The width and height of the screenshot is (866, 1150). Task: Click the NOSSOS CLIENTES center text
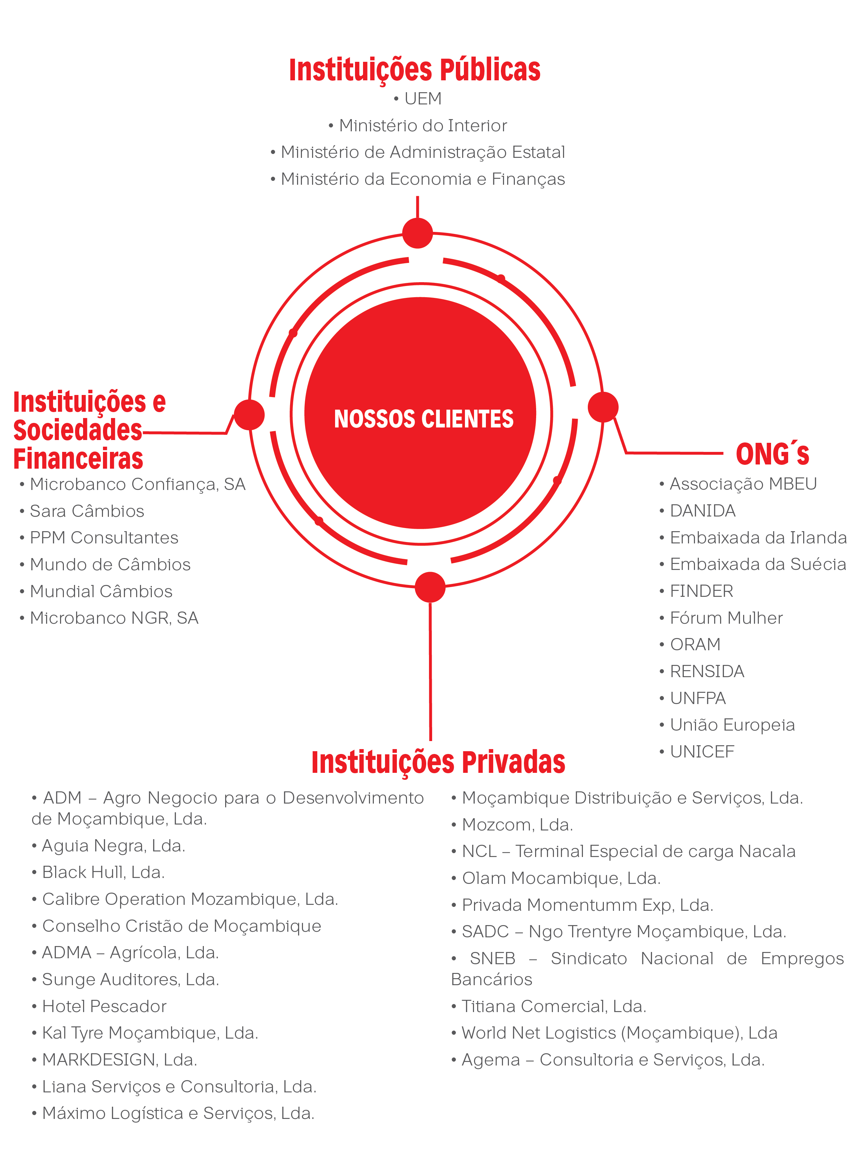(x=423, y=419)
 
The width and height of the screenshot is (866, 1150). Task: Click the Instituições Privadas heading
(x=438, y=763)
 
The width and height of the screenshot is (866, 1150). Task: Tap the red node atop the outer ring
(x=418, y=233)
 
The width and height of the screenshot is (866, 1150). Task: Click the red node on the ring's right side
(x=603, y=407)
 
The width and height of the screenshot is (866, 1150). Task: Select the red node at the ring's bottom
(x=430, y=587)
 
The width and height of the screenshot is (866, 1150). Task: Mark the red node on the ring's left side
(x=249, y=415)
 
